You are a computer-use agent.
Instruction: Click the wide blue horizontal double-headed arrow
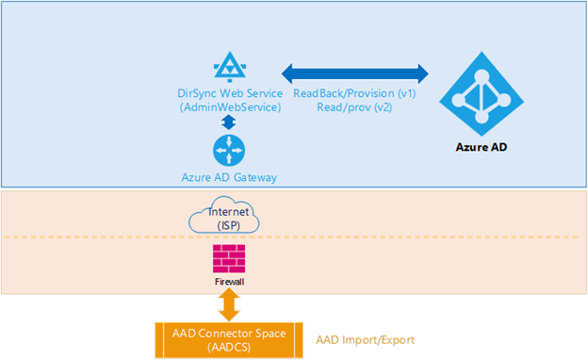pyautogui.click(x=355, y=73)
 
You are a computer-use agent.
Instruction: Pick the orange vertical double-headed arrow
pyautogui.click(x=229, y=303)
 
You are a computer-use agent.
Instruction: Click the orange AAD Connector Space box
pyautogui.click(x=229, y=339)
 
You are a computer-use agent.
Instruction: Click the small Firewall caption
pyautogui.click(x=229, y=280)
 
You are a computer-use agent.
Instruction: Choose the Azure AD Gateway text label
pyautogui.click(x=229, y=176)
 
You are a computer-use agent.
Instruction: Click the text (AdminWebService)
pyautogui.click(x=229, y=107)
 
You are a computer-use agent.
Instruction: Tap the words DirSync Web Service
pyautogui.click(x=229, y=93)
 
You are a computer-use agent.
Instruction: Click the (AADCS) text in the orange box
pyautogui.click(x=229, y=347)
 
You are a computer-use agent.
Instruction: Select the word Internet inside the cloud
pyautogui.click(x=229, y=213)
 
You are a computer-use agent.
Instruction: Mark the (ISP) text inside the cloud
pyautogui.click(x=229, y=225)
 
